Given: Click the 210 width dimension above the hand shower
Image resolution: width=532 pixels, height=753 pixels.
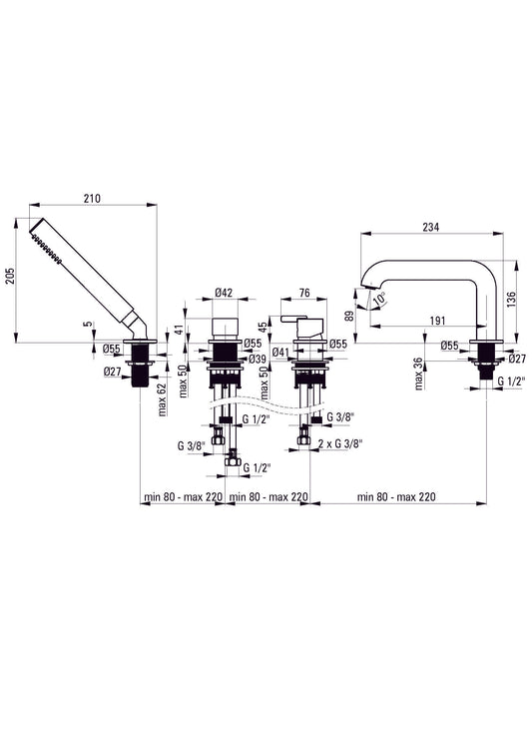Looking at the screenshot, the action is pyautogui.click(x=92, y=199).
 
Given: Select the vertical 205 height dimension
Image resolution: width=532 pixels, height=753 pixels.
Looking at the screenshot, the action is pyautogui.click(x=11, y=276).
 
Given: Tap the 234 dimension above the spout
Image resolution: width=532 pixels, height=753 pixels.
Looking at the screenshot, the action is pyautogui.click(x=430, y=227).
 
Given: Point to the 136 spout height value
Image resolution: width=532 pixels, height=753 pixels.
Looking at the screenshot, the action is pyautogui.click(x=511, y=301).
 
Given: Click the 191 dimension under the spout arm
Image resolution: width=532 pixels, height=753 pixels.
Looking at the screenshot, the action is pyautogui.click(x=437, y=321).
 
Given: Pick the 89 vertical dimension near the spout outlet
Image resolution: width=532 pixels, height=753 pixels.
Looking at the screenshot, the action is pyautogui.click(x=350, y=316).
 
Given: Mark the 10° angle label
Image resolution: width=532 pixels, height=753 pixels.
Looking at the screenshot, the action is pyautogui.click(x=379, y=299).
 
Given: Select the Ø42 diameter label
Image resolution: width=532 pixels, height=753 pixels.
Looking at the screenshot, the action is pyautogui.click(x=224, y=293).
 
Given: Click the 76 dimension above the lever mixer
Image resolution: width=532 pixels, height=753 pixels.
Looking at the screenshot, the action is pyautogui.click(x=304, y=293).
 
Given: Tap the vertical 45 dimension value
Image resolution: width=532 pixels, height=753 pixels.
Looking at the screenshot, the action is pyautogui.click(x=263, y=327).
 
